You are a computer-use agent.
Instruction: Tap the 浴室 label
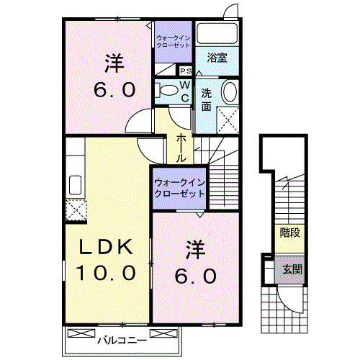click(217, 58)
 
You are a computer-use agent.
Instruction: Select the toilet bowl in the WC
click(168, 90)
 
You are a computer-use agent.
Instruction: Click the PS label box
click(184, 71)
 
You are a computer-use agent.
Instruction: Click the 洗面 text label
click(207, 99)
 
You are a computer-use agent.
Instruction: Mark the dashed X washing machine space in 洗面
click(229, 118)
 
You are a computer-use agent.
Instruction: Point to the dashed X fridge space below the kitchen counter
click(74, 210)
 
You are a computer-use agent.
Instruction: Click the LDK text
click(105, 248)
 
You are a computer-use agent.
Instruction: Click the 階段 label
click(289, 233)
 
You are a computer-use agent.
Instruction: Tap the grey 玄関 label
click(292, 270)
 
